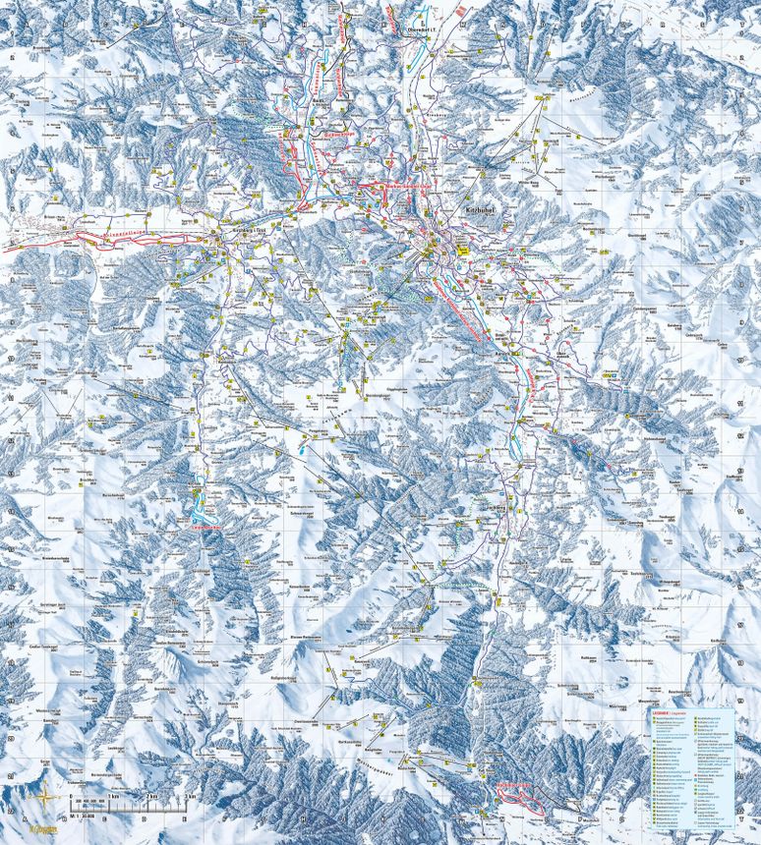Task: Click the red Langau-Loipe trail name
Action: pos(202,527)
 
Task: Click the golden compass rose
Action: pos(44,797)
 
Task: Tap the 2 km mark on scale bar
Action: pos(150,795)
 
